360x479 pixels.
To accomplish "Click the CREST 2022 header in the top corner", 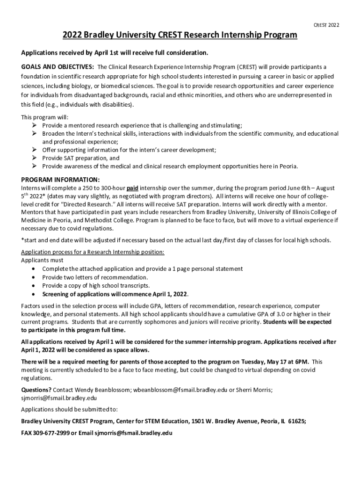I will (326, 25).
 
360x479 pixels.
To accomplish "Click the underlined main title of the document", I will (180, 36).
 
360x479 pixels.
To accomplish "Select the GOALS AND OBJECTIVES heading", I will (58, 66).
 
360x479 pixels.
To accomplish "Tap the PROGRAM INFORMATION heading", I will (60, 180).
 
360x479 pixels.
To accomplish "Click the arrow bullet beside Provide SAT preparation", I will (35, 158).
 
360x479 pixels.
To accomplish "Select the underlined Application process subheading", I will (93, 252).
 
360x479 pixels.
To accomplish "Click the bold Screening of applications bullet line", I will (115, 294).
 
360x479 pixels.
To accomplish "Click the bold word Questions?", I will (36, 390).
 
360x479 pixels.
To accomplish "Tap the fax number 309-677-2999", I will (51, 433).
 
